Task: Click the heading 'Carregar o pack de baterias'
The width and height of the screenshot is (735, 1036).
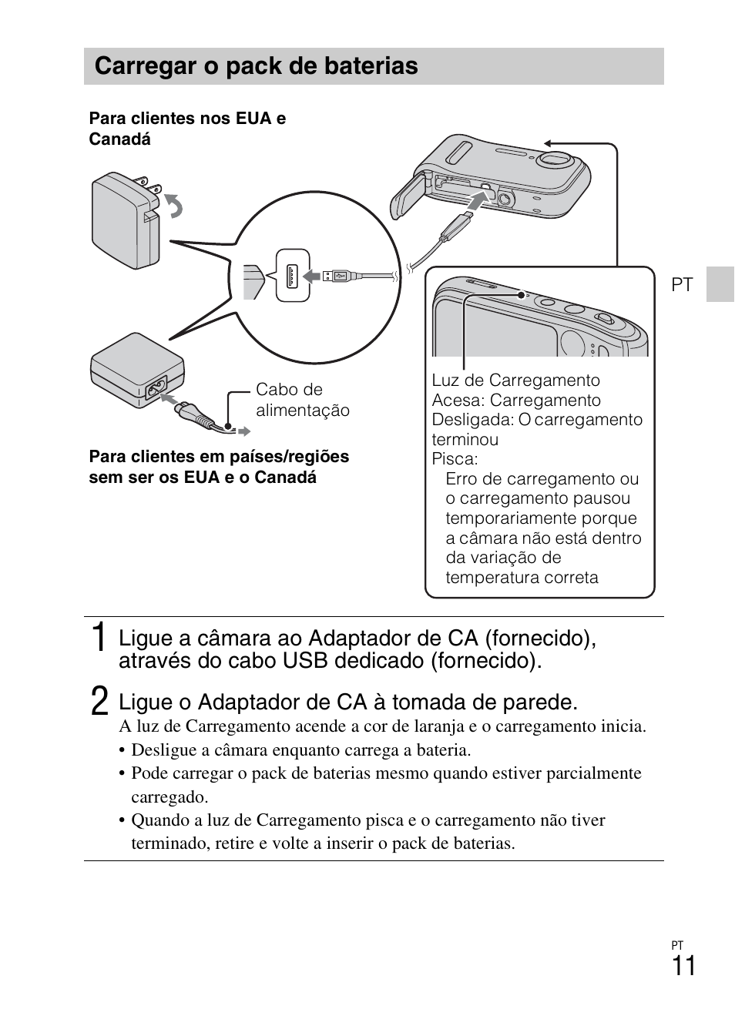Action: click(256, 66)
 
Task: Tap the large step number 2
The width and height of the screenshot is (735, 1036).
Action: click(99, 702)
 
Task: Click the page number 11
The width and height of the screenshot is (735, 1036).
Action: click(683, 966)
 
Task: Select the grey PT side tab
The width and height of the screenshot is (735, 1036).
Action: click(720, 284)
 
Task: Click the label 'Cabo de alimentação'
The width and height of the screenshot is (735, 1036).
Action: click(302, 400)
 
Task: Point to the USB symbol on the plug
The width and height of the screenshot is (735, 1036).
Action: click(341, 275)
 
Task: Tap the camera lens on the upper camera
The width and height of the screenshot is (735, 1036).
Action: click(554, 158)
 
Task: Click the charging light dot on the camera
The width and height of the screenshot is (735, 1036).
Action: click(522, 294)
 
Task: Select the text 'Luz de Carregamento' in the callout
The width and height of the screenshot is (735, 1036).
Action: click(515, 381)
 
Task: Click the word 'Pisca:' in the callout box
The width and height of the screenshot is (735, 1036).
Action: click(455, 459)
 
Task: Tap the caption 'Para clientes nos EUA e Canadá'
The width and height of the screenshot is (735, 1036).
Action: click(187, 129)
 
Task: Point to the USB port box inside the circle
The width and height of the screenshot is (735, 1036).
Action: click(293, 275)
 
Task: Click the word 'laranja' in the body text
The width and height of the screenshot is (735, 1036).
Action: click(435, 726)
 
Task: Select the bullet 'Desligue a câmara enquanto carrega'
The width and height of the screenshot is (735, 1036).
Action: click(300, 749)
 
